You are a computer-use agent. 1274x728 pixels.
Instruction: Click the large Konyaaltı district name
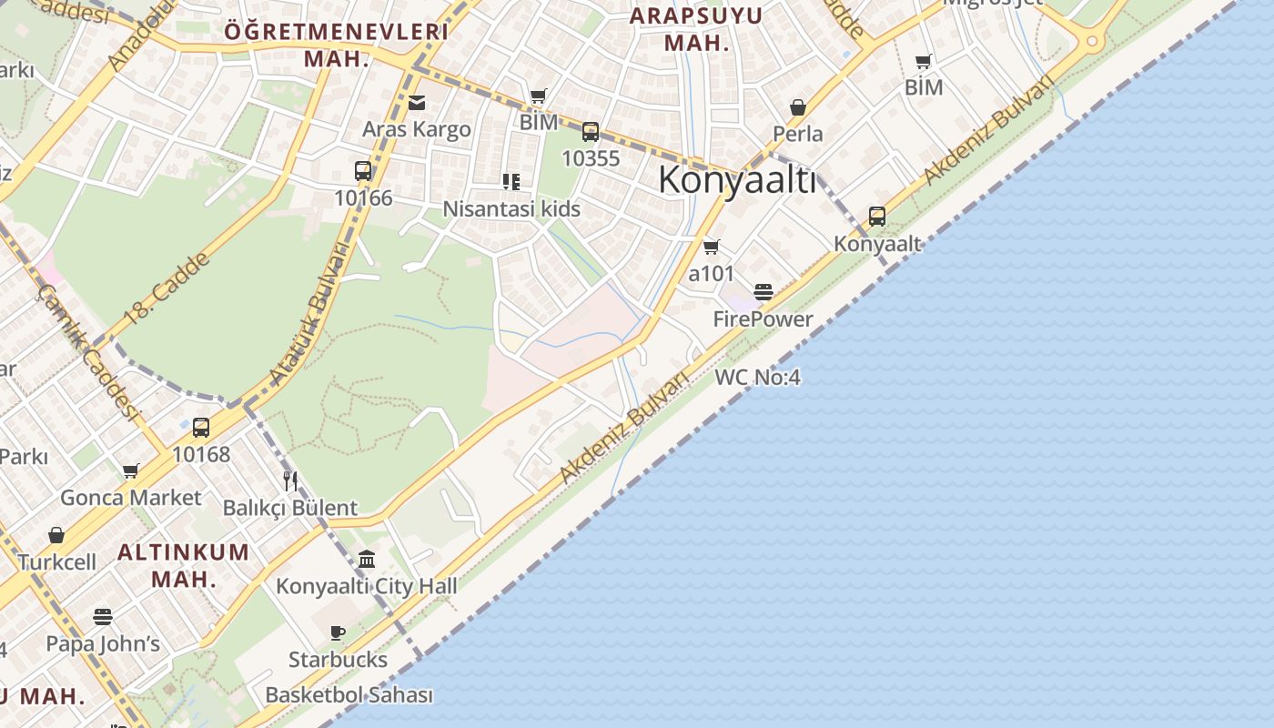(737, 180)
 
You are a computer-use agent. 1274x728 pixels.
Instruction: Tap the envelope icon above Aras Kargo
(417, 103)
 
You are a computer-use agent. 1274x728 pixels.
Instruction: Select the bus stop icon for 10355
(591, 132)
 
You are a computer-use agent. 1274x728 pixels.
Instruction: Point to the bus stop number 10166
(363, 197)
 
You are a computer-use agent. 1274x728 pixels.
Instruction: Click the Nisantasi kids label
(511, 209)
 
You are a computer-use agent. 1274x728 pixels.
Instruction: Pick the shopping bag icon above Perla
(798, 107)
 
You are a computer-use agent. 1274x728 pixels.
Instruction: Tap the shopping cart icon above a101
(712, 247)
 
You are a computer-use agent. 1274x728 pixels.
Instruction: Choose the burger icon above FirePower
(763, 292)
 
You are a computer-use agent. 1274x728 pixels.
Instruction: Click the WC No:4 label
(758, 377)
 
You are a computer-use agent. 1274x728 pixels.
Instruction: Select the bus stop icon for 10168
(201, 427)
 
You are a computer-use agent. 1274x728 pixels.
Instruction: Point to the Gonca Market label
(131, 498)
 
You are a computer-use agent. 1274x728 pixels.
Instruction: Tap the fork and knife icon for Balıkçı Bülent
(290, 480)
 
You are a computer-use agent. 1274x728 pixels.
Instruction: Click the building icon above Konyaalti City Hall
(367, 559)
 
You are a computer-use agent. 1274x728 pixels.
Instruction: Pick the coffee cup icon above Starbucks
(338, 632)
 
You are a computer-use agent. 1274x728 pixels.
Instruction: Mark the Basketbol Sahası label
(349, 695)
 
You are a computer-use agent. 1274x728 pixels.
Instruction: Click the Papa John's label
(103, 644)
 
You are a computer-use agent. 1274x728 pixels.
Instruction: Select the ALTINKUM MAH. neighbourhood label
(184, 565)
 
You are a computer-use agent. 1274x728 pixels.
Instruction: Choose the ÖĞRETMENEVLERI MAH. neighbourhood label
(337, 45)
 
